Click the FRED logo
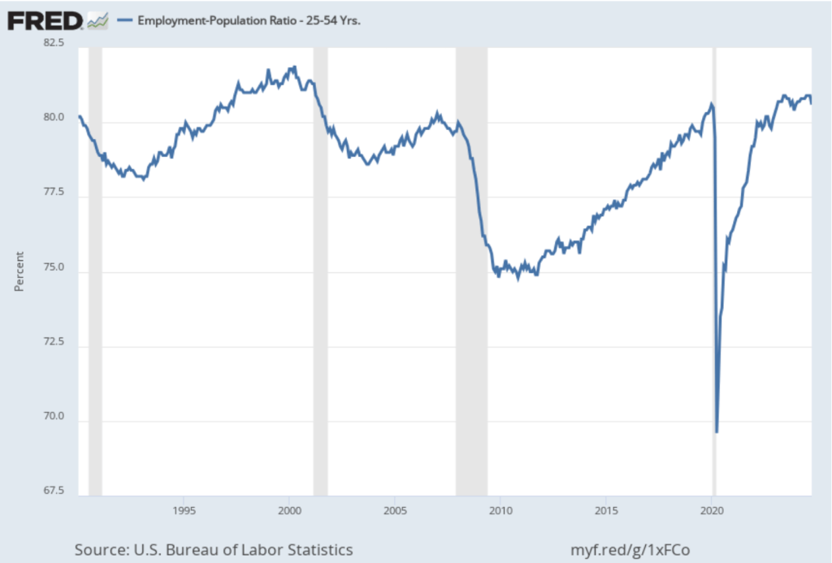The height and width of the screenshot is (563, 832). click(45, 20)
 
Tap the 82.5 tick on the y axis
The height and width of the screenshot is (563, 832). click(54, 43)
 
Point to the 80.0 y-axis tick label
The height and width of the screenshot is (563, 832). click(54, 118)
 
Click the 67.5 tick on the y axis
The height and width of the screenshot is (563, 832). click(54, 491)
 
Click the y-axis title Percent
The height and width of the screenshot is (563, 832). click(19, 271)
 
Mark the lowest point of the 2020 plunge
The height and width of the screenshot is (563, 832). click(717, 431)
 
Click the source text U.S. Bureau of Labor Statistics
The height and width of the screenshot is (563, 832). click(214, 550)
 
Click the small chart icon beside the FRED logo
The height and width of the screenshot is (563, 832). click(97, 20)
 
